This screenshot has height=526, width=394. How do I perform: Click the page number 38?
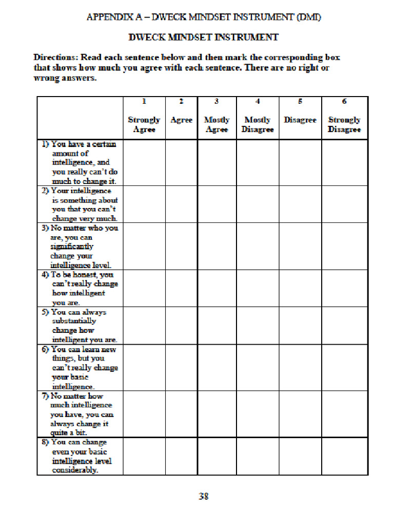(x=204, y=496)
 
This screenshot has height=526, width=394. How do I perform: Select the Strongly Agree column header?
(x=144, y=124)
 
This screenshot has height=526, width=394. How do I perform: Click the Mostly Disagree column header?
(x=258, y=124)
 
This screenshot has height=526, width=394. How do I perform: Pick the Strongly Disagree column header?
(x=344, y=124)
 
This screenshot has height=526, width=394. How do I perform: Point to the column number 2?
(x=181, y=102)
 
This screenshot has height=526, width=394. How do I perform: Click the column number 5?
(x=300, y=102)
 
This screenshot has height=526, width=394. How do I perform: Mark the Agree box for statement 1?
(x=181, y=162)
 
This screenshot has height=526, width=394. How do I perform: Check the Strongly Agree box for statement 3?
(x=144, y=246)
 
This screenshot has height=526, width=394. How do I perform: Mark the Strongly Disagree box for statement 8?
(x=344, y=456)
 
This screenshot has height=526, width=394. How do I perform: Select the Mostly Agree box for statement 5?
(x=216, y=326)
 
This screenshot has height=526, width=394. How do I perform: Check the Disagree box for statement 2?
(x=300, y=204)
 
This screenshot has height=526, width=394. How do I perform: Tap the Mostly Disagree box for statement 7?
(x=258, y=414)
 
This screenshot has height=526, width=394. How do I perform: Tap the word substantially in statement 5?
(x=74, y=321)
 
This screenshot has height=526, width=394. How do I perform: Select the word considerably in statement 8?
(x=74, y=470)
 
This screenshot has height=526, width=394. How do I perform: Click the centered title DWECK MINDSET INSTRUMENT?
(x=203, y=37)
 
